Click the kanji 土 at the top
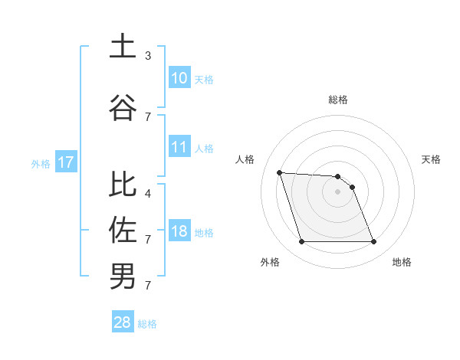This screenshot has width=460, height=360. pyautogui.click(x=123, y=46)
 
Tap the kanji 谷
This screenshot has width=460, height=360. pyautogui.click(x=123, y=107)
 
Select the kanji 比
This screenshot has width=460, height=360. pyautogui.click(x=123, y=185)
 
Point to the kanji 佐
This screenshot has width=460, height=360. pyautogui.click(x=123, y=230)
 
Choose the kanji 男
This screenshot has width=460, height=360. pyautogui.click(x=123, y=276)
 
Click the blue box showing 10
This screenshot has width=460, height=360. pyautogui.click(x=179, y=78)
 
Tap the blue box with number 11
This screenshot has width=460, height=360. pyautogui.click(x=179, y=148)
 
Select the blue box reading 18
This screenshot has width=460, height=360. pyautogui.click(x=179, y=232)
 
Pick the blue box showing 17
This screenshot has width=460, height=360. pyautogui.click(x=65, y=162)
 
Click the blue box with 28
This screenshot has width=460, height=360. pyautogui.click(x=122, y=322)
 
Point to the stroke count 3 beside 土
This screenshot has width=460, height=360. pyautogui.click(x=148, y=56)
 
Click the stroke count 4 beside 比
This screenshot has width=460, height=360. pyautogui.click(x=148, y=194)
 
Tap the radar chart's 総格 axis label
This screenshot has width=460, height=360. pyautogui.click(x=338, y=100)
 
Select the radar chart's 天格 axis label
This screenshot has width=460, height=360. pyautogui.click(x=432, y=159)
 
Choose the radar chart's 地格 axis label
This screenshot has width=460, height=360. pyautogui.click(x=402, y=262)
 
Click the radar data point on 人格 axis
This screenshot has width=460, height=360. pyautogui.click(x=280, y=172)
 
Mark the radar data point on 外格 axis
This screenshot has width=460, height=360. pyautogui.click(x=301, y=242)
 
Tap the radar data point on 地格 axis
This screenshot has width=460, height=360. pyautogui.click(x=373, y=242)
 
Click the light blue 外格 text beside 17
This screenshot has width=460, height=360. pyautogui.click(x=41, y=163)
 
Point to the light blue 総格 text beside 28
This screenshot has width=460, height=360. pyautogui.click(x=147, y=323)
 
